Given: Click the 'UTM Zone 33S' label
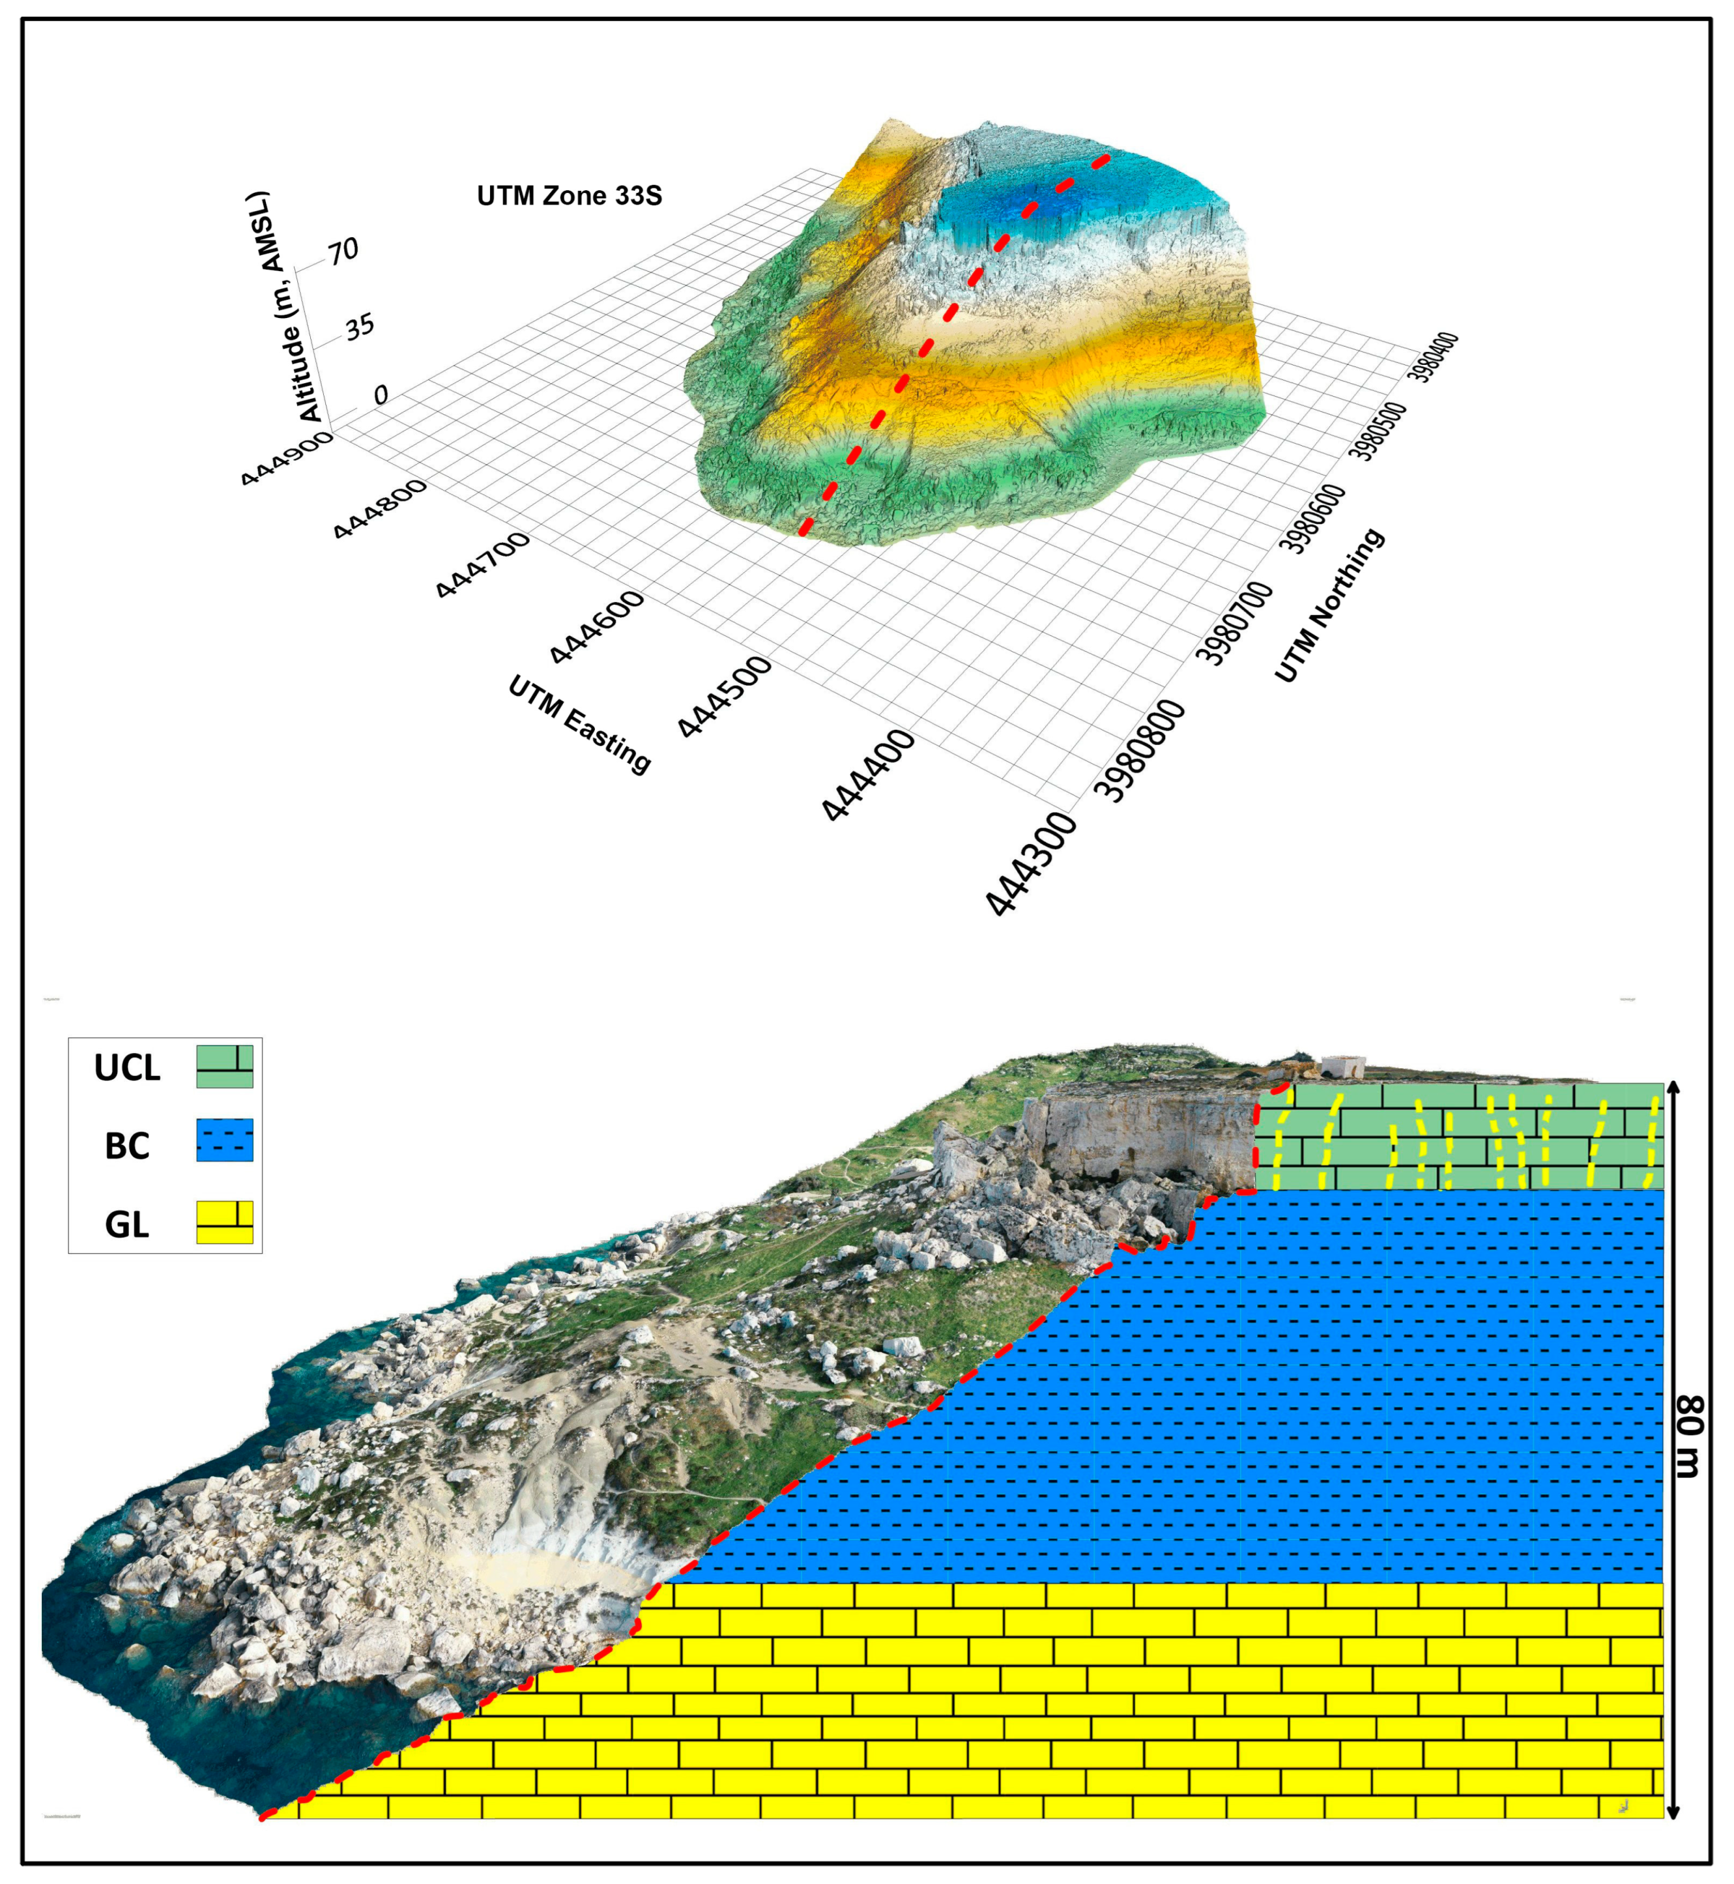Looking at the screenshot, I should point(569,196).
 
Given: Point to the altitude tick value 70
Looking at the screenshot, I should point(343,250).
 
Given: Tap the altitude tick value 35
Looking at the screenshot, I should point(359,326).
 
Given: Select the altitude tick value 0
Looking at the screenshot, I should point(380,395).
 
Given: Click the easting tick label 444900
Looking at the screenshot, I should point(286,459).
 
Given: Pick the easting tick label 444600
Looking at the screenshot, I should point(597,627).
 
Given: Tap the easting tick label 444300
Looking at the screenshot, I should point(1030,864).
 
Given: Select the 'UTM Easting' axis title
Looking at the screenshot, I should point(579,724).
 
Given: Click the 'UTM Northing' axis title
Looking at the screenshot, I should point(1328,605).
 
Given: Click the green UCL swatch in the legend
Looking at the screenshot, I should point(224,1066).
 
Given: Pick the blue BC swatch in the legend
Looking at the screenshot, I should point(224,1140).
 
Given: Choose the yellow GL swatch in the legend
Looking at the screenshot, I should point(224,1222).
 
